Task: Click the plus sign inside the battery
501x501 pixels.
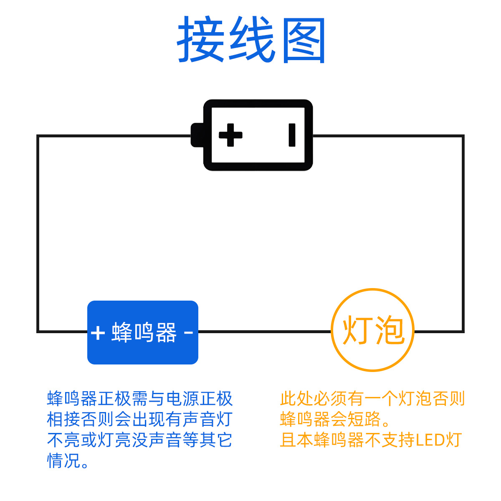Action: (x=230, y=135)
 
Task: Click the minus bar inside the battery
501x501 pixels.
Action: (x=292, y=135)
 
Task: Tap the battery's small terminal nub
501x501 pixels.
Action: (x=197, y=135)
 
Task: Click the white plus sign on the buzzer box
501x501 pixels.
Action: (x=98, y=333)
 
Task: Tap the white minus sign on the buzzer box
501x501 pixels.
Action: (x=189, y=332)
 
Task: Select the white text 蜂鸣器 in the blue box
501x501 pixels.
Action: (x=144, y=333)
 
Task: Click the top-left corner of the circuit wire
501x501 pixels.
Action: (x=38, y=136)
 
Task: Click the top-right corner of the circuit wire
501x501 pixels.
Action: (x=463, y=136)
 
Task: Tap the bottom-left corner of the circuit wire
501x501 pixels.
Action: (x=38, y=331)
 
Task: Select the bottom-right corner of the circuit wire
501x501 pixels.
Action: (x=463, y=331)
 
